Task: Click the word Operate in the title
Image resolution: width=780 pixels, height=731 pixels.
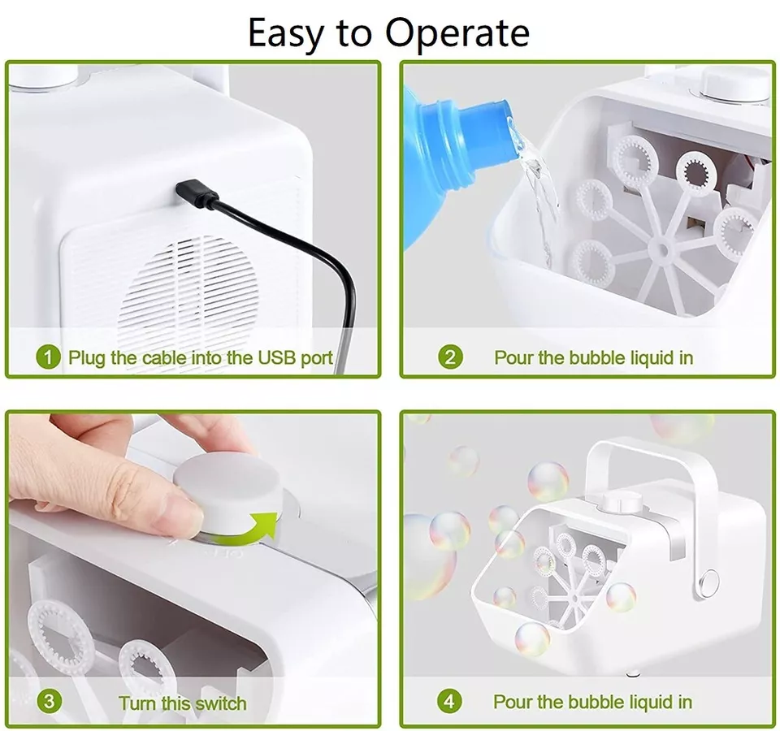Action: (x=457, y=33)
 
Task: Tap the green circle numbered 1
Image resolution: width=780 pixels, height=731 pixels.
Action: (x=48, y=357)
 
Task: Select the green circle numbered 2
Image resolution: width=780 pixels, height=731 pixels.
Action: (x=450, y=357)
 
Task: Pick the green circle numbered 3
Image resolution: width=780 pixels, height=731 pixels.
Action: (x=50, y=701)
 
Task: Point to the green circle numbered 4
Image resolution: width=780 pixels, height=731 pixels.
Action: (x=449, y=701)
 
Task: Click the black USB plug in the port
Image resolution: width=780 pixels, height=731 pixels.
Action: (x=197, y=194)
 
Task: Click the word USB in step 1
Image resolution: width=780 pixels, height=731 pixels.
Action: (x=276, y=357)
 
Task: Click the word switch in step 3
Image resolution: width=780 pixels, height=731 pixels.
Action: (x=221, y=703)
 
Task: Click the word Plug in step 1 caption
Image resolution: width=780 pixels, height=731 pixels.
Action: (x=87, y=358)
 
